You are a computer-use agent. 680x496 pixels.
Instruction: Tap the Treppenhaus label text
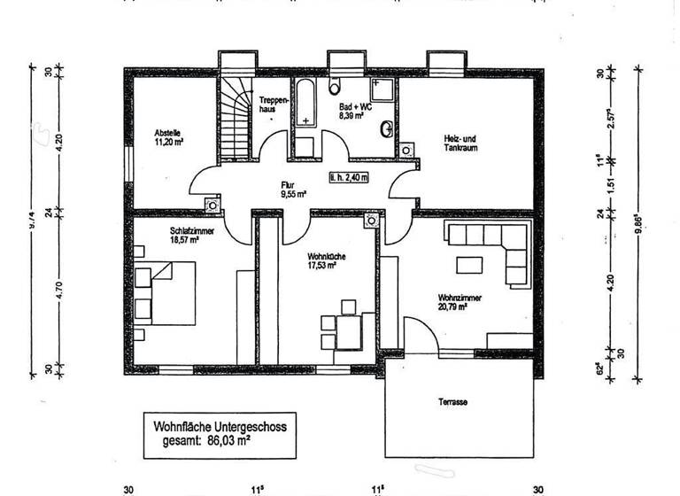(272, 106)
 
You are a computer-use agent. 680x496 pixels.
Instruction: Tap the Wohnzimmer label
(459, 303)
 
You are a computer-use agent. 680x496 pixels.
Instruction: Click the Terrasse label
(452, 402)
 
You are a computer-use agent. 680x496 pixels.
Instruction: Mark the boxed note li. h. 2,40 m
(347, 176)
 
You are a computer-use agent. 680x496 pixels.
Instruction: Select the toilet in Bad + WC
(336, 86)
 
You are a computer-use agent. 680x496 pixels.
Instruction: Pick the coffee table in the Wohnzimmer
(469, 265)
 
